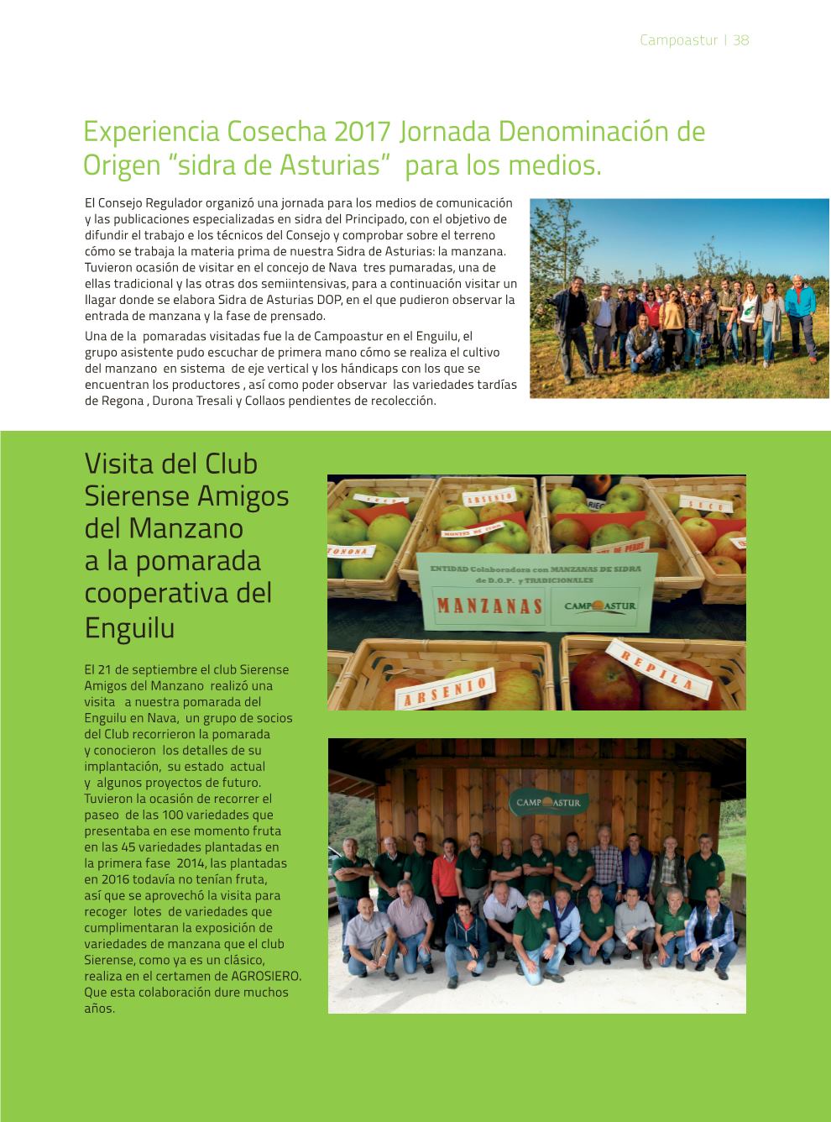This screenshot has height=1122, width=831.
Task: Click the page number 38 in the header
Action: (x=740, y=39)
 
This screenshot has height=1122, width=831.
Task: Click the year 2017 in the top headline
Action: (x=363, y=132)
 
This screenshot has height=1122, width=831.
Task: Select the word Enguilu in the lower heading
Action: (x=129, y=627)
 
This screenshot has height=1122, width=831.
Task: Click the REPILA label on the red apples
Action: (x=671, y=669)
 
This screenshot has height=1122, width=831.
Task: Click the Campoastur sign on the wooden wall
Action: (x=550, y=803)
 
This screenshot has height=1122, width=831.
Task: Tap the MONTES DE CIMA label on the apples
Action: (x=459, y=534)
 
